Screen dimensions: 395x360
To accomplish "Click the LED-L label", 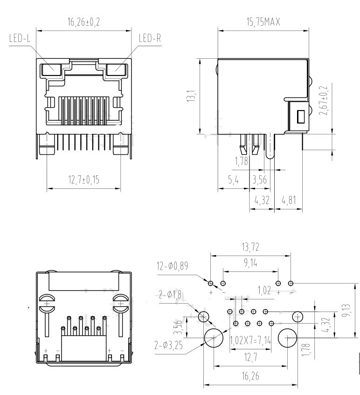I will [20, 38].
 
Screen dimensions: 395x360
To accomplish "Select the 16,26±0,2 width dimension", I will [84, 21].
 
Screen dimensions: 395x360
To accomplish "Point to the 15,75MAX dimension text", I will [263, 21].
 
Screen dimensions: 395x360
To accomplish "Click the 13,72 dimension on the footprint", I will [251, 247].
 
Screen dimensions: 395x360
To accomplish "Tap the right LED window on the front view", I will [117, 70].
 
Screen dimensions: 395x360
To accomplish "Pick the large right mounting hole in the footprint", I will [288, 337].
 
